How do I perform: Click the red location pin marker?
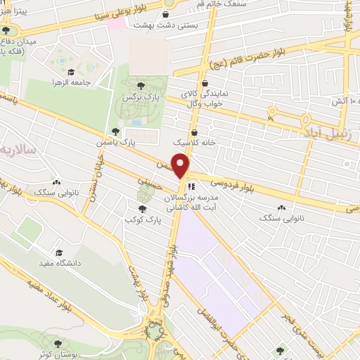(x=182, y=165)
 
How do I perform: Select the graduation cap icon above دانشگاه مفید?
(x=59, y=252)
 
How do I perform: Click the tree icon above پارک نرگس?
(x=141, y=86)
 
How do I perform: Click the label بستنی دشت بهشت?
(x=166, y=24)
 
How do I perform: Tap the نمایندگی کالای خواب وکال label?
(x=205, y=99)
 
